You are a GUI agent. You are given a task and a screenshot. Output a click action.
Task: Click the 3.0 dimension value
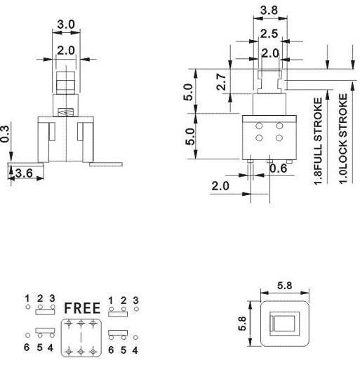(x=66, y=25)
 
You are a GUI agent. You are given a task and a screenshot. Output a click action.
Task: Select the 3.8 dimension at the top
(x=269, y=11)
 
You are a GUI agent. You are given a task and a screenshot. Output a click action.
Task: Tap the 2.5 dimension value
(x=269, y=34)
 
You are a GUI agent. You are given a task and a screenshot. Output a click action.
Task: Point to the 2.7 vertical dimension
(x=221, y=82)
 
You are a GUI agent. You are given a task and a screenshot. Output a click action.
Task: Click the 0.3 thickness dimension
(x=5, y=133)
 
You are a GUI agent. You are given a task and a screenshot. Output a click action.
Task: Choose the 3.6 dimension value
(x=24, y=173)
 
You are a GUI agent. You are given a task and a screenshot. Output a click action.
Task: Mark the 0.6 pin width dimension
(x=278, y=168)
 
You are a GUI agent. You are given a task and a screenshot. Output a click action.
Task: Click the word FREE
(x=82, y=308)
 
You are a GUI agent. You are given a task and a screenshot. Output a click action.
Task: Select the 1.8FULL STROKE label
(x=318, y=142)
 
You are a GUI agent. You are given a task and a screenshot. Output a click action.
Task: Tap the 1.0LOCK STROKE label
(x=343, y=138)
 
